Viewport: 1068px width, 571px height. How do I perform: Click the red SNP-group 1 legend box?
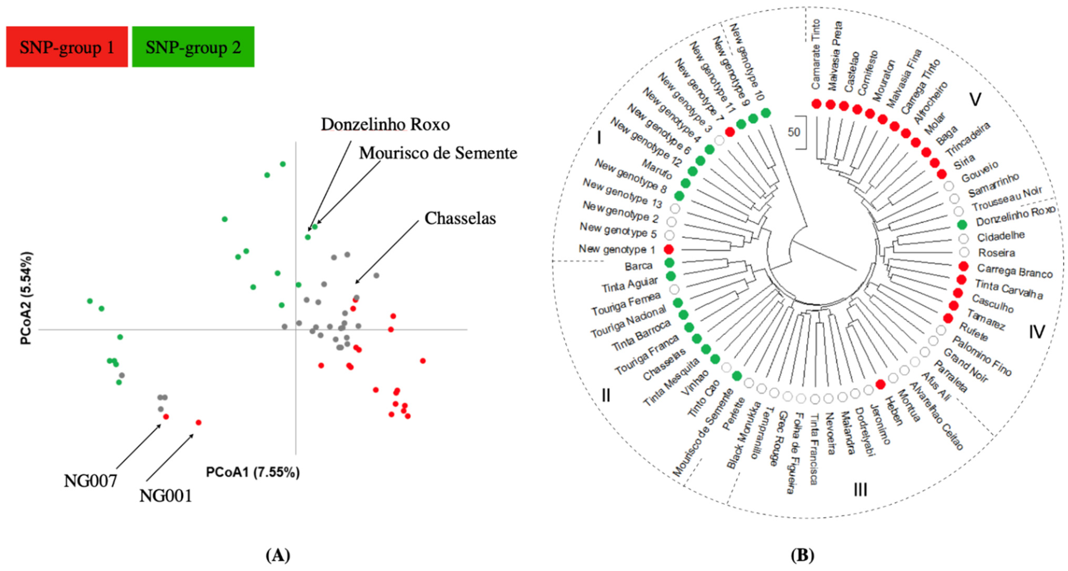(x=67, y=47)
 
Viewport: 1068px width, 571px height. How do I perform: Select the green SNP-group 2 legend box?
(x=193, y=47)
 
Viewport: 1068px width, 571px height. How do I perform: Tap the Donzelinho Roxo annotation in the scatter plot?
(x=385, y=124)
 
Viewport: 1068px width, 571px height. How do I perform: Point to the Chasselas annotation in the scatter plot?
(x=460, y=219)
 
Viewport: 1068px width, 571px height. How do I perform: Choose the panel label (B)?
(x=802, y=555)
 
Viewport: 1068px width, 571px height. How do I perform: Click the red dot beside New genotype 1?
(x=668, y=249)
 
